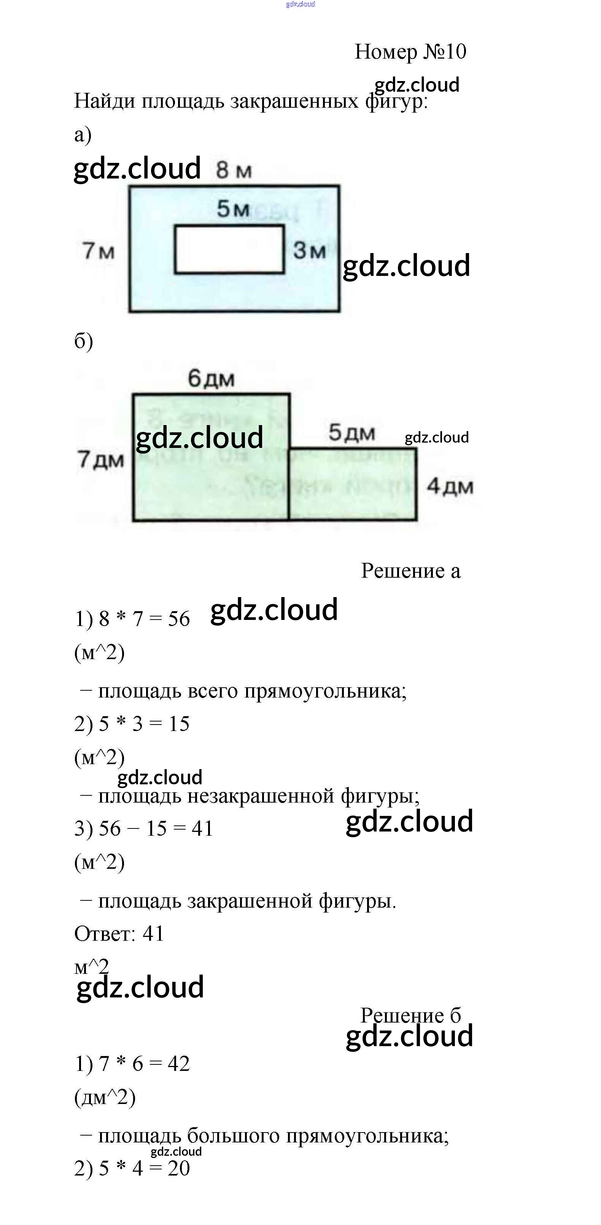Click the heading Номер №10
(x=410, y=51)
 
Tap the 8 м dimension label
(x=234, y=170)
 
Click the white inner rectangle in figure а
(x=229, y=250)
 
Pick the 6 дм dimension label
(x=211, y=379)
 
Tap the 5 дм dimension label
(x=352, y=433)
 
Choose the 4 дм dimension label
(x=450, y=486)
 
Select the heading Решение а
(x=410, y=571)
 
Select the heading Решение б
(x=410, y=1015)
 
